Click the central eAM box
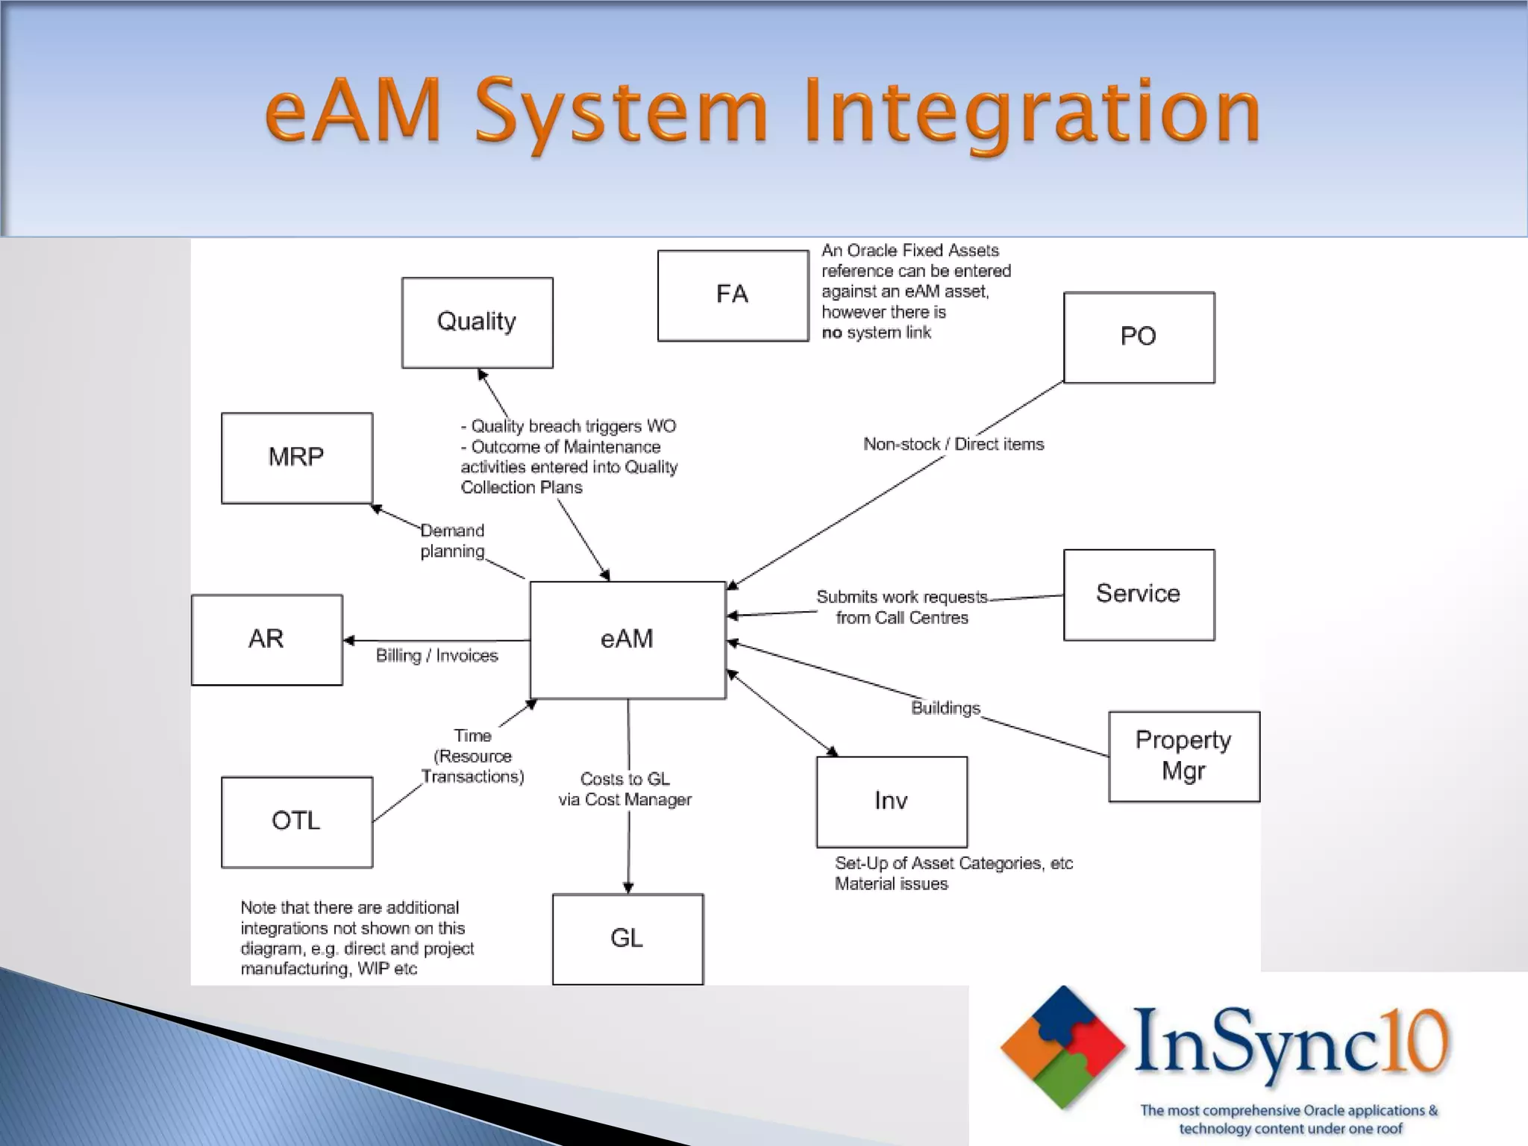tap(627, 639)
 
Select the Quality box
tap(477, 322)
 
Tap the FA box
tap(733, 295)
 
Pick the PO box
tap(1139, 337)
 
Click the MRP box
tap(296, 457)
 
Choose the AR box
tap(266, 639)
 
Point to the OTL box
tap(296, 821)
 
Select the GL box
tap(627, 939)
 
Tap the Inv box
tap(892, 801)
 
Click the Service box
tap(1139, 595)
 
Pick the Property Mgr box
tap(1184, 756)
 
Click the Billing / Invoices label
tap(436, 656)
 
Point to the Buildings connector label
tap(945, 708)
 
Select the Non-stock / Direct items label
tap(954, 445)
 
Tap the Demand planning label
tap(452, 541)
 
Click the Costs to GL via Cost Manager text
tap(625, 789)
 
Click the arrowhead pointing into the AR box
tap(348, 640)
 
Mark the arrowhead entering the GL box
tap(628, 888)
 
